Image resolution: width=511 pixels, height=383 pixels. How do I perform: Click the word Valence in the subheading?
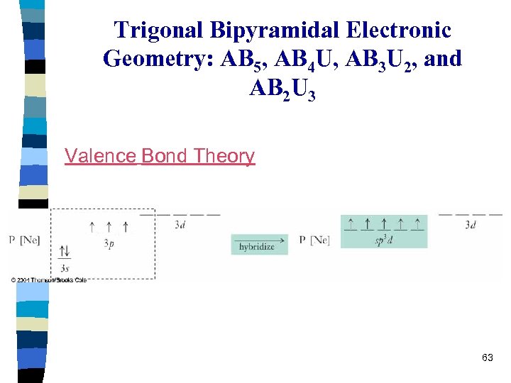(x=100, y=155)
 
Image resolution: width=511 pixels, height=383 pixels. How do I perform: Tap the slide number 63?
(x=487, y=357)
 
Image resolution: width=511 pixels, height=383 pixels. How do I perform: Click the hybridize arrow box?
(x=259, y=245)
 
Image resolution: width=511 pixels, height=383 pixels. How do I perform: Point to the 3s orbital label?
(x=65, y=268)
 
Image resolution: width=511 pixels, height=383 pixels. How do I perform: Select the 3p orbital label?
(x=108, y=243)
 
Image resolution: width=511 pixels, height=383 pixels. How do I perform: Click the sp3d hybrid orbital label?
(x=384, y=240)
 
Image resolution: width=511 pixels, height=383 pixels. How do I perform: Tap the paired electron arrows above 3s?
(x=65, y=252)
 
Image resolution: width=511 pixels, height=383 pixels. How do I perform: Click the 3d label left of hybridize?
(x=182, y=225)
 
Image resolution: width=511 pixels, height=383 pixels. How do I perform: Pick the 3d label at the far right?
(x=471, y=225)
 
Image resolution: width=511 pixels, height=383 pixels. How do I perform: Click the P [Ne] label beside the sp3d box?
(x=314, y=240)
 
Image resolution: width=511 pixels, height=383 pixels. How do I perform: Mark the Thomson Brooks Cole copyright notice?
(x=48, y=280)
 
